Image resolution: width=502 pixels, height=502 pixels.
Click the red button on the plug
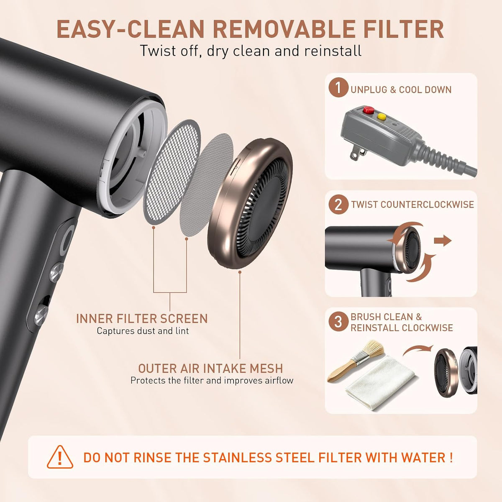pos(368,110)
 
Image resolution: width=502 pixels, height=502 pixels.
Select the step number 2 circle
pos(338,205)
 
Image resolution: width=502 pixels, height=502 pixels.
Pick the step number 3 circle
pos(338,322)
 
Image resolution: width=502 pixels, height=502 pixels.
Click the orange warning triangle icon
pos(60,456)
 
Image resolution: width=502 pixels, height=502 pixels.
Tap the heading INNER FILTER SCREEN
pos(142,319)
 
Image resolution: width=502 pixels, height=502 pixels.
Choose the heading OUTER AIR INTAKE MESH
pos(210,369)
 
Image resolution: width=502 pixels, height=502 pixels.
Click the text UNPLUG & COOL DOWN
pos(401,90)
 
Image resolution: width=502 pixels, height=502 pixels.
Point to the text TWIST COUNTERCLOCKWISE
pos(412,205)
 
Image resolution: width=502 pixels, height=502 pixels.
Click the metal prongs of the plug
pos(357,153)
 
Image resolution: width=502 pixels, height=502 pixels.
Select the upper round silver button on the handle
pos(57,272)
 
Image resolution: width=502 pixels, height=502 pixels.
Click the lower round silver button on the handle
pos(42,315)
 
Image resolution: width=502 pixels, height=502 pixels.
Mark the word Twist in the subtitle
pos(159,51)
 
